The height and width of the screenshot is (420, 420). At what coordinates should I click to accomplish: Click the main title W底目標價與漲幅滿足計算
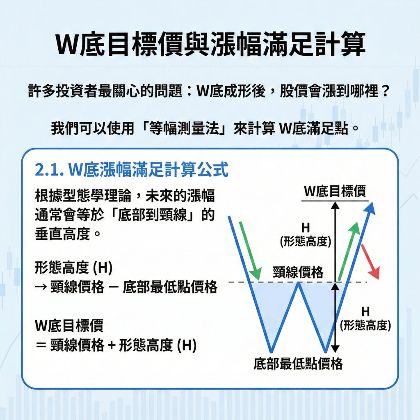coord(210,45)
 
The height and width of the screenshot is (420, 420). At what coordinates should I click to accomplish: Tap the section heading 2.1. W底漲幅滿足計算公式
coord(132,170)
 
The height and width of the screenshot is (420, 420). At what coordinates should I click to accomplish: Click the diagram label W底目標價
coord(335,192)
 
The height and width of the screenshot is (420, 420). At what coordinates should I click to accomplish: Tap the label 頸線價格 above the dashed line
coord(298,272)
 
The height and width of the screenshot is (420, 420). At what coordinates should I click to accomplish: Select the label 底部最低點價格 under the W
coord(298,363)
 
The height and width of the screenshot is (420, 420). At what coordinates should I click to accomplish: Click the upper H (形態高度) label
coord(306,235)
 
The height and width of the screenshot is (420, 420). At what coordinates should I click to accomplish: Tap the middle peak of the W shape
coord(299,284)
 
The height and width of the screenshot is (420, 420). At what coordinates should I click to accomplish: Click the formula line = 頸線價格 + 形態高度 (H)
coord(116,346)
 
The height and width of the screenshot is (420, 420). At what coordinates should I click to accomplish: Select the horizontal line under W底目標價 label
coord(335,201)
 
